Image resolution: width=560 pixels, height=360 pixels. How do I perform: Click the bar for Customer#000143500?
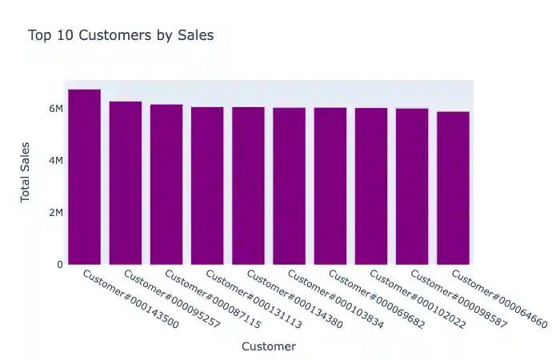85,177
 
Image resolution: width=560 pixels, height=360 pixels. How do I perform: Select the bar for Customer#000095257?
126,183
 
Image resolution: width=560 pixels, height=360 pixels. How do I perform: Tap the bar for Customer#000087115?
166,185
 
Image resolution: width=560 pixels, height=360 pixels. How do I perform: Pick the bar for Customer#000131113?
207,186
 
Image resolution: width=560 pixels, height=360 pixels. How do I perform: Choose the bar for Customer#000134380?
248,186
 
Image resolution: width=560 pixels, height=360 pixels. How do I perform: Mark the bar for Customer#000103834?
289,186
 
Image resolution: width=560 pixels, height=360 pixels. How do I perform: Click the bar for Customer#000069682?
330,186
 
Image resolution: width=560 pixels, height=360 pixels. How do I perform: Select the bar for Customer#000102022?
371,186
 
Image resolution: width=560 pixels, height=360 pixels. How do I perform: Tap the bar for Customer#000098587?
412,187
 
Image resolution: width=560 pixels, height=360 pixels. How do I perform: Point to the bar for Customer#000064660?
453,188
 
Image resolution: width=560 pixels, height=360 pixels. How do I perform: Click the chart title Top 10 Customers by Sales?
121,35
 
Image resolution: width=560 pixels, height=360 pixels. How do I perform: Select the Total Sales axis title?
26,172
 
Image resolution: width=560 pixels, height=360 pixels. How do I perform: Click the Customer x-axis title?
269,346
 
